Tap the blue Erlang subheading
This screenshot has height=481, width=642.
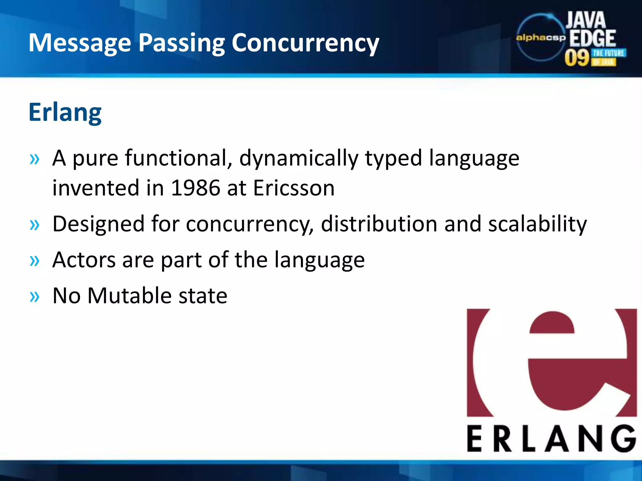pyautogui.click(x=65, y=113)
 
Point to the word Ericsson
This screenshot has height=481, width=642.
pyautogui.click(x=294, y=188)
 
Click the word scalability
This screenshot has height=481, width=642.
pyautogui.click(x=537, y=224)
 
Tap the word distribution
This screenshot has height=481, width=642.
pyautogui.click(x=379, y=224)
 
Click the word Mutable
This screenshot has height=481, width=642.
pyautogui.click(x=129, y=296)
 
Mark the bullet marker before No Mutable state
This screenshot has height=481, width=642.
pyautogui.click(x=34, y=296)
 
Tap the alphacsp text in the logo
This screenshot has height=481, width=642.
pyautogui.click(x=541, y=38)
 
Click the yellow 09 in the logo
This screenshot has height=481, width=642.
pyautogui.click(x=577, y=58)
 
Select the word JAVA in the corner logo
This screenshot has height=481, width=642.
pyautogui.click(x=586, y=20)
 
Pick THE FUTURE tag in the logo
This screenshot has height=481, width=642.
pyautogui.click(x=608, y=53)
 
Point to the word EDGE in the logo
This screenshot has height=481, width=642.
pyautogui.click(x=592, y=38)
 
